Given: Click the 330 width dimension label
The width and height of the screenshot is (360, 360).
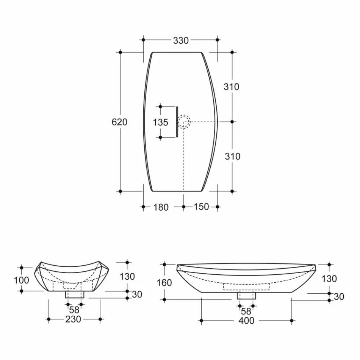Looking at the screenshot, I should (x=181, y=41).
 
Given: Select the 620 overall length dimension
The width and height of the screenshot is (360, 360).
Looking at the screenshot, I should (x=120, y=122).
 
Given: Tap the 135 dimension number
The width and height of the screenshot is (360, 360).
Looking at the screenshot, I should (x=160, y=122).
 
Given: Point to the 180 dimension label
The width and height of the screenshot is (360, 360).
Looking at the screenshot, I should (x=161, y=207).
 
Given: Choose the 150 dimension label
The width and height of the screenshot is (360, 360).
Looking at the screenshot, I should (x=201, y=207).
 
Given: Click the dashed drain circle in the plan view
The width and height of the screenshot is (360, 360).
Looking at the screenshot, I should (x=184, y=122).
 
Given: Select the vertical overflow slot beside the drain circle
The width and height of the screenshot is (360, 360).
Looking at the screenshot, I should (x=177, y=122).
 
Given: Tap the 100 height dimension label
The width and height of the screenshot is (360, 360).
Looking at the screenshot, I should (x=22, y=280).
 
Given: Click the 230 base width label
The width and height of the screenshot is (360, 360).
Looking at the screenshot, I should (x=73, y=319).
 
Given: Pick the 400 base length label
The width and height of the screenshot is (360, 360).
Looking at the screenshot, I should (x=246, y=321).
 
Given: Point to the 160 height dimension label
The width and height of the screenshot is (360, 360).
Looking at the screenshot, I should (x=164, y=283).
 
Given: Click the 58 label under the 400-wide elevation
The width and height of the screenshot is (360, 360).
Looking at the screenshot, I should (x=246, y=311).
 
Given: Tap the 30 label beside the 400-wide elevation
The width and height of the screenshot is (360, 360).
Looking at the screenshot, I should (x=339, y=297).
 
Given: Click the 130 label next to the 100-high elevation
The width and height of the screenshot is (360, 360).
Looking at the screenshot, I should (x=127, y=277).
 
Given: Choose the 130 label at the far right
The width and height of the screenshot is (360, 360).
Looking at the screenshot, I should (x=329, y=279).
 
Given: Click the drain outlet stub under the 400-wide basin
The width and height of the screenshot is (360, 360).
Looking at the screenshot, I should (x=246, y=295).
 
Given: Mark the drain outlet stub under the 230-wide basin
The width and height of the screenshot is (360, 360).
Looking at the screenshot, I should (x=74, y=294).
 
